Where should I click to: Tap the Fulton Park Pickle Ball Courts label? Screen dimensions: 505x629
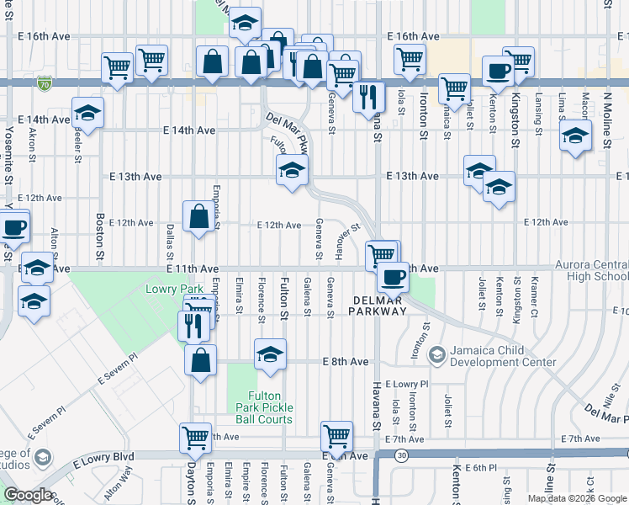tap(270, 407)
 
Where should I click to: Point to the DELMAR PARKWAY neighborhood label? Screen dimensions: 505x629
tap(379, 305)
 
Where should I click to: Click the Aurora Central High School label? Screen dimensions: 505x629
tap(591, 270)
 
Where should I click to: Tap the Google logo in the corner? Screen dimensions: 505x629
tap(28, 494)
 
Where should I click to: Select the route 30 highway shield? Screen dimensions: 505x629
tap(402, 455)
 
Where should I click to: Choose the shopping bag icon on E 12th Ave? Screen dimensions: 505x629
tap(198, 215)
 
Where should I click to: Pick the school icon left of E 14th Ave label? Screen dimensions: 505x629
tap(87, 112)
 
